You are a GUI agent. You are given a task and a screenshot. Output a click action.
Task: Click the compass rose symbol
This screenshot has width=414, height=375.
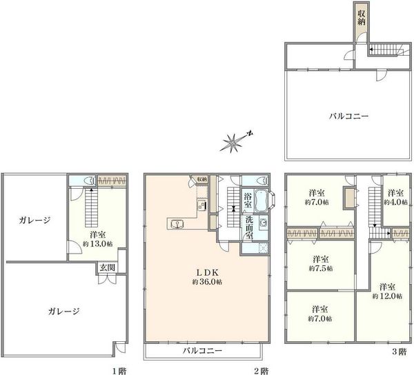pyautogui.click(x=233, y=143)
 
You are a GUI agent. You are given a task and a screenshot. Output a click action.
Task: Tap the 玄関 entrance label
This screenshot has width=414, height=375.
pyautogui.click(x=107, y=267)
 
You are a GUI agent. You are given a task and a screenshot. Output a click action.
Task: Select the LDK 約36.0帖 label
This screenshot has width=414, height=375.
pyautogui.click(x=207, y=276)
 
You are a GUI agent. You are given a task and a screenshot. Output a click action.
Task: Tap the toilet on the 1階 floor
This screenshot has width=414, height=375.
pyautogui.click(x=90, y=181)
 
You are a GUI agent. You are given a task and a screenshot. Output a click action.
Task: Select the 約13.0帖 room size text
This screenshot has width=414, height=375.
pyautogui.click(x=98, y=244)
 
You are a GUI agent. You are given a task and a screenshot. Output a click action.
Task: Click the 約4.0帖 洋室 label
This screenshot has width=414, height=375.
pyautogui.click(x=395, y=198)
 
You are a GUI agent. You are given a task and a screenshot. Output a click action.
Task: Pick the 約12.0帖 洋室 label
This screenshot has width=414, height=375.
pyautogui.click(x=387, y=291)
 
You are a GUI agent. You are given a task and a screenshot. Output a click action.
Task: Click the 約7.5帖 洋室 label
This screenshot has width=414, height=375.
pyautogui.click(x=321, y=263)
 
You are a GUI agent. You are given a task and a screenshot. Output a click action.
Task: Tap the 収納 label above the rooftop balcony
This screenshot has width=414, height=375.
pyautogui.click(x=361, y=18)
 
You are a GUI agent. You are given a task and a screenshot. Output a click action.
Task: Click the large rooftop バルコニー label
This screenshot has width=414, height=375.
pyautogui.click(x=348, y=116)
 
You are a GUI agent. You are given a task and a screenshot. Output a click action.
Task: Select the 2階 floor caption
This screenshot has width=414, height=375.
pyautogui.click(x=261, y=372)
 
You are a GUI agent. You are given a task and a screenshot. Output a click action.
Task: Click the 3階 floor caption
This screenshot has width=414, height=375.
pyautogui.click(x=399, y=352)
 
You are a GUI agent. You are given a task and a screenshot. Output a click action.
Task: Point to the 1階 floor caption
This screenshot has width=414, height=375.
pyautogui.click(x=120, y=372)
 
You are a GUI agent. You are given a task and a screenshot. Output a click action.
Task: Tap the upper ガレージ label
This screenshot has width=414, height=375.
pyautogui.click(x=34, y=220)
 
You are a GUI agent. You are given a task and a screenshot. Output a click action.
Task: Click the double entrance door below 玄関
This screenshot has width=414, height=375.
pyautogui.click(x=107, y=279)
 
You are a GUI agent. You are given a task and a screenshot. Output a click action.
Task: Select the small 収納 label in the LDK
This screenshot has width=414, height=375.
pyautogui.click(x=201, y=179)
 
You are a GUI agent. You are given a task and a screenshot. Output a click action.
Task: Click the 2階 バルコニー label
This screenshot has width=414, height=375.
pyautogui.click(x=202, y=350)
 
